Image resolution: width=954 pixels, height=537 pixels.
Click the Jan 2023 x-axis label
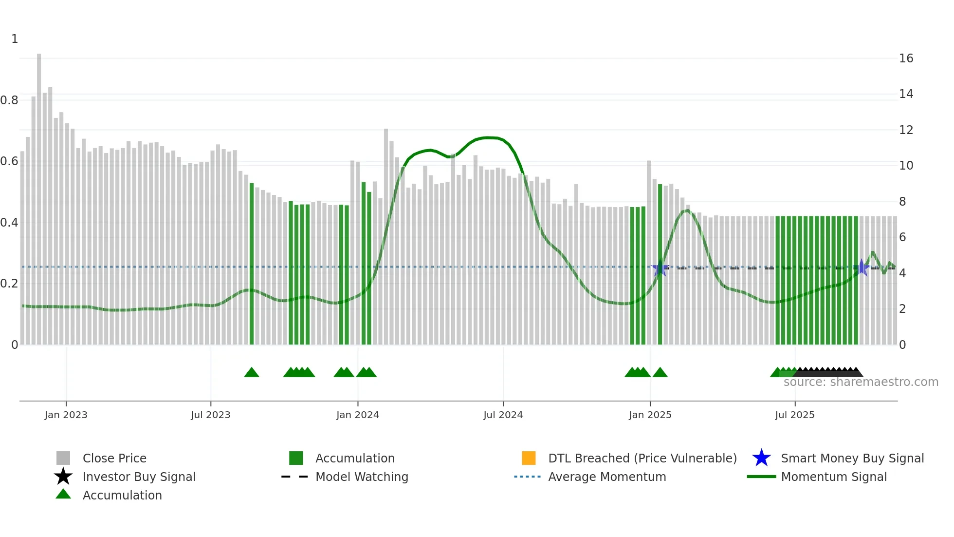click(66, 415)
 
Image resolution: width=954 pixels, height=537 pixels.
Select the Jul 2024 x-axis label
click(503, 415)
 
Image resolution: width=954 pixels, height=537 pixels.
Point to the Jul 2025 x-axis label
click(794, 415)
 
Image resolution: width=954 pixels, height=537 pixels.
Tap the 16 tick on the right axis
click(906, 58)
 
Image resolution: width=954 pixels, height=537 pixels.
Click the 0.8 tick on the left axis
click(9, 100)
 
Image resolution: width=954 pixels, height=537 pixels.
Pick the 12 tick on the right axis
click(906, 130)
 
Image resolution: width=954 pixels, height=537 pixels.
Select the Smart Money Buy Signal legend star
click(761, 458)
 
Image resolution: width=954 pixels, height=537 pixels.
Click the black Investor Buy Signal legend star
click(63, 477)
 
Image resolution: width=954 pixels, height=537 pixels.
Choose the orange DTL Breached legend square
click(529, 458)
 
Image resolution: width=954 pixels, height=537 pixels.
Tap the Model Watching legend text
click(362, 477)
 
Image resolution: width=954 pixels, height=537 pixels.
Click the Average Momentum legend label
click(607, 477)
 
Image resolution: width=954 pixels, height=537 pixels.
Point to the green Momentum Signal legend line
click(761, 477)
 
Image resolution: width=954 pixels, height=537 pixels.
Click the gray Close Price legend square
click(63, 458)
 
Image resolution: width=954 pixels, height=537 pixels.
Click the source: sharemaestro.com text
click(861, 382)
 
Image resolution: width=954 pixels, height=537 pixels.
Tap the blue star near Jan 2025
click(660, 268)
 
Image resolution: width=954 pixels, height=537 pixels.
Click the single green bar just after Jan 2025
click(660, 263)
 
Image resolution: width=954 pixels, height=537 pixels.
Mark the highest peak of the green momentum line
click(488, 137)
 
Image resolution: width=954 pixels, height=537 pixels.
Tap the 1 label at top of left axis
click(15, 39)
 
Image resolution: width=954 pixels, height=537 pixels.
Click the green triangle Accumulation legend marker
click(63, 494)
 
